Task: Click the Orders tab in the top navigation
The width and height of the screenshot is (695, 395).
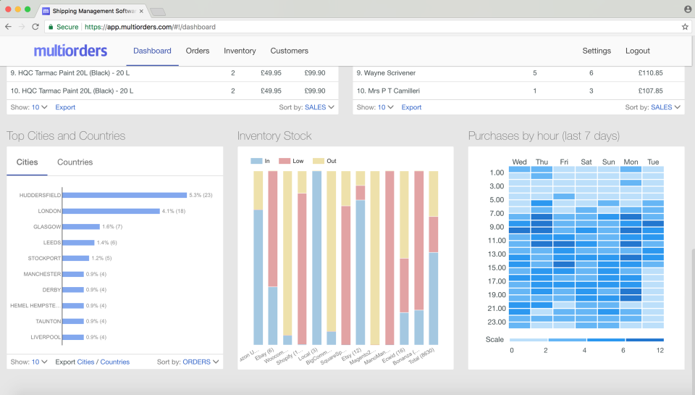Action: [198, 51]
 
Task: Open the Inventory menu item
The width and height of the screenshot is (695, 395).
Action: [240, 51]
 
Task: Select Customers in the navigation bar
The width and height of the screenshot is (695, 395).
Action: [289, 51]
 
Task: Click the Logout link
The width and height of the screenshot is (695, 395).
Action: [638, 51]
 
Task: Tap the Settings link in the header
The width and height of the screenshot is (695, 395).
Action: [597, 51]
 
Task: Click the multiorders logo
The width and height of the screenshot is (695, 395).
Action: [70, 51]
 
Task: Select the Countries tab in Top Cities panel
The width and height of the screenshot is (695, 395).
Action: [75, 162]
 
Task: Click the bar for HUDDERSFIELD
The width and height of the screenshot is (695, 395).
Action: [125, 195]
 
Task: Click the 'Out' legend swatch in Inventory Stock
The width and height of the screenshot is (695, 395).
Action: [319, 161]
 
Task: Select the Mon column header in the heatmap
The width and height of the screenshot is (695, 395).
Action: [631, 162]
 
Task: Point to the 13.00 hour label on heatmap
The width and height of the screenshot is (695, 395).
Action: [497, 254]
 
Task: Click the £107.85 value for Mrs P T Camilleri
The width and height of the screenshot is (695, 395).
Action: [651, 91]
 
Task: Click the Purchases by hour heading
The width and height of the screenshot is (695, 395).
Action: [544, 136]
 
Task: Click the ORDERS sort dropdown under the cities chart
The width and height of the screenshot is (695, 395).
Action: [201, 362]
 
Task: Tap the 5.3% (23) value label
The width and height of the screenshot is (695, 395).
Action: [201, 195]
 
